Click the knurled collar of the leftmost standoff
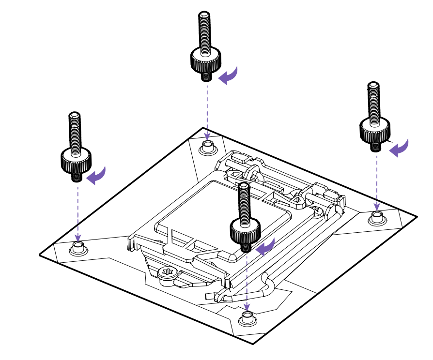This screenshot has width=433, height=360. (x=76, y=159)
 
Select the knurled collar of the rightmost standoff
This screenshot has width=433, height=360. (x=375, y=129)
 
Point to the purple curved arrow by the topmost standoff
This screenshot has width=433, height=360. (x=228, y=76)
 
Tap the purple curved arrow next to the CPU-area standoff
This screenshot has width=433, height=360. (x=266, y=247)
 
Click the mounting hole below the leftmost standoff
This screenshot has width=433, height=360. (x=77, y=248)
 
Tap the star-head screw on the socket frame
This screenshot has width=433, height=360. (x=166, y=273)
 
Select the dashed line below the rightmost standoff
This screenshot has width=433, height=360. (x=377, y=179)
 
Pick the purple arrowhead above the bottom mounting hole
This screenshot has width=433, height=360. (x=247, y=306)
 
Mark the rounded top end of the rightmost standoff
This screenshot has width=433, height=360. (x=373, y=86)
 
